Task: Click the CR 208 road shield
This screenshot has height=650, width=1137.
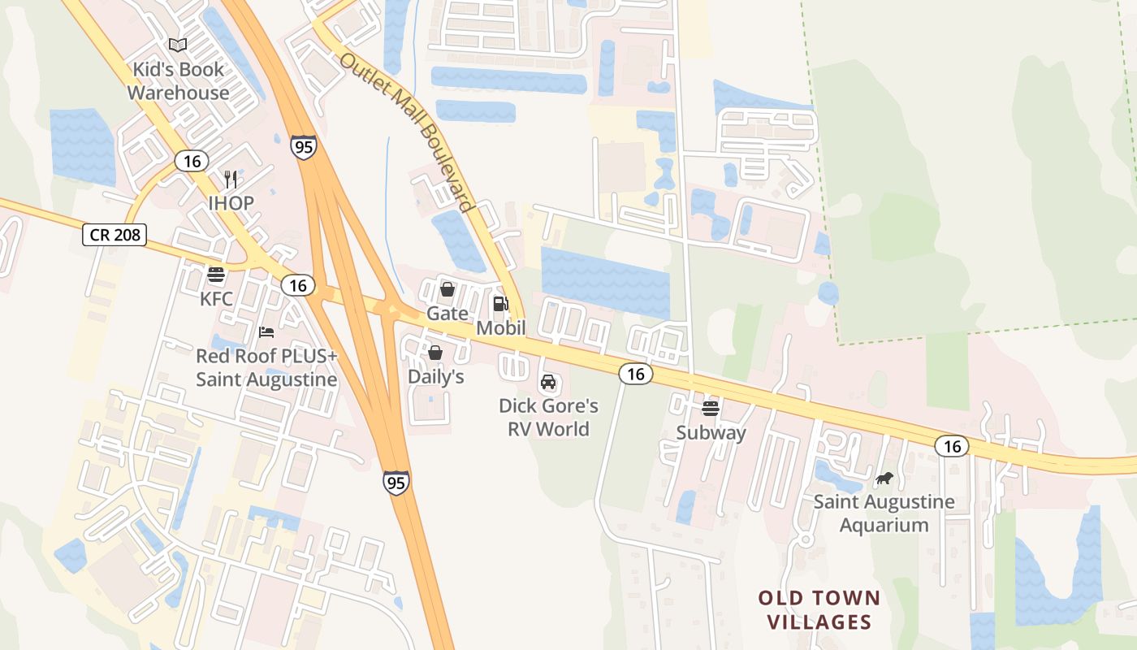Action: point(115,236)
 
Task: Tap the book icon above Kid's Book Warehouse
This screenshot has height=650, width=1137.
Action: point(178,45)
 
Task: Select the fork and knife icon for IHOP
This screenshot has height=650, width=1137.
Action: point(231,180)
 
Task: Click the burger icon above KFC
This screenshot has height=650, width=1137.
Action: point(216,275)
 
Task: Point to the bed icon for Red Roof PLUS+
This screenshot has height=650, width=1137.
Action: point(266,331)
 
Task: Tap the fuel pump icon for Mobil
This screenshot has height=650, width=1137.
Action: point(500,304)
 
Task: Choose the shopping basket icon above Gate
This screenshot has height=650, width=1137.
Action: point(447,289)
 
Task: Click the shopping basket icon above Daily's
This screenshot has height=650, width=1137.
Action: point(435,353)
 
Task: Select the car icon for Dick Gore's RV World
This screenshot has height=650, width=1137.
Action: point(548,382)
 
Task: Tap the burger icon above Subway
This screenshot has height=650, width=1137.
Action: point(711,409)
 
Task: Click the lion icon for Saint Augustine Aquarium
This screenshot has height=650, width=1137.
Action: point(884,479)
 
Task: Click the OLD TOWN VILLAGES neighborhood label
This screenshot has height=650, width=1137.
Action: point(819,610)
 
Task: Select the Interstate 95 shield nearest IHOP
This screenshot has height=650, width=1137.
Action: point(303,147)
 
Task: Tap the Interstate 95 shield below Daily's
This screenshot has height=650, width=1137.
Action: point(396,482)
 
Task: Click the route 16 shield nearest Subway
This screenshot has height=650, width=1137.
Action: point(635,374)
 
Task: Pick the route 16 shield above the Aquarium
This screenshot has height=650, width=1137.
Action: point(952,446)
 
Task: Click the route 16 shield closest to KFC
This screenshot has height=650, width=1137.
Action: point(298,285)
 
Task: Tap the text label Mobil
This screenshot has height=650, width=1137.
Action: point(500,328)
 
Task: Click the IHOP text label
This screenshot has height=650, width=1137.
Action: point(231,203)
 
